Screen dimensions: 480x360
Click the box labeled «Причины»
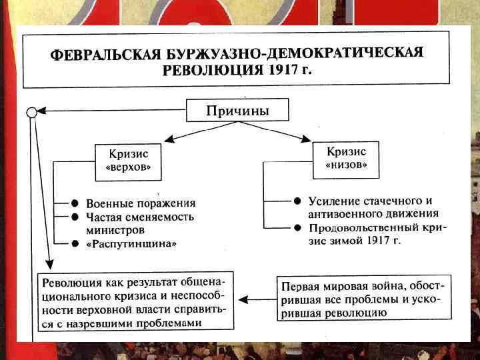pos(237,111)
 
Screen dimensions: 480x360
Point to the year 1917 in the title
pos(282,69)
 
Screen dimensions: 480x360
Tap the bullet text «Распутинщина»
pos(133,245)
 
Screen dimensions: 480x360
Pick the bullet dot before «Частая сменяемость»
pos(77,217)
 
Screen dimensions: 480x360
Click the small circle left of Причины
pos(31,111)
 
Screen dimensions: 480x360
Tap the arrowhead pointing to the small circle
pos(41,111)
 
